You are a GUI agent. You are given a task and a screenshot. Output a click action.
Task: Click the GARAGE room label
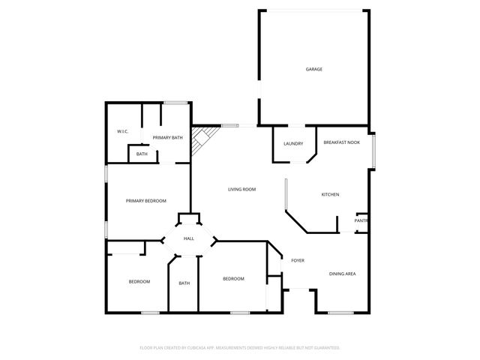313,69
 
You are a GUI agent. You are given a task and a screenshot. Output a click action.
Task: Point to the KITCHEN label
330,195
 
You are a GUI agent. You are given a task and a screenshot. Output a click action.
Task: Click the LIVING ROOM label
242,189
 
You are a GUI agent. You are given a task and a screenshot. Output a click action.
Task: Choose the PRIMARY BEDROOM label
145,200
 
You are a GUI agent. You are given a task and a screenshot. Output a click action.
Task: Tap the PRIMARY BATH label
167,137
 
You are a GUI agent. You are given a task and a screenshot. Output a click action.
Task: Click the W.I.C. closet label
123,132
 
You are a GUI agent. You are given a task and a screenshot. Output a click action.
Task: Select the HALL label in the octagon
189,238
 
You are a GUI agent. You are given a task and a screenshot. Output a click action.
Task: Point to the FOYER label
298,260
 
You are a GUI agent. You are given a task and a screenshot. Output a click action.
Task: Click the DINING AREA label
342,274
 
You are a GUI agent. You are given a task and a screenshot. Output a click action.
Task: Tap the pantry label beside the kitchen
361,220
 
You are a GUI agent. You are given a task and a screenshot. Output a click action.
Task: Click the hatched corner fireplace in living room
202,139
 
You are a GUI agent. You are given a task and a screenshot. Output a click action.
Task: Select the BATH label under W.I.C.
142,154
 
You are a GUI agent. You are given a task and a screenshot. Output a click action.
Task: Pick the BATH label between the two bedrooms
184,283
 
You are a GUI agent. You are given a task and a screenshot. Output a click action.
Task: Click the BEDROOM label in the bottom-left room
139,281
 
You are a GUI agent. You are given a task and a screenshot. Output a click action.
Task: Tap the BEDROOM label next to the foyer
233,279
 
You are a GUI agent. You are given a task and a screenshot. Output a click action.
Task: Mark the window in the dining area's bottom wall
340,312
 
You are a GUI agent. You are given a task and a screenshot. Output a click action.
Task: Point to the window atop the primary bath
175,102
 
